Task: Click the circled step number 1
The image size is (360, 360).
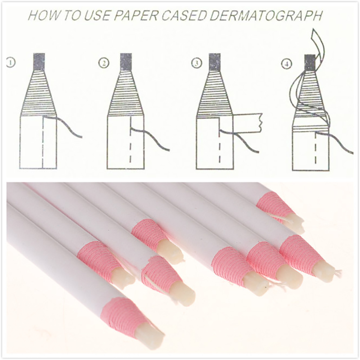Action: (11, 63)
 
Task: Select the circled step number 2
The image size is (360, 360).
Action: (103, 63)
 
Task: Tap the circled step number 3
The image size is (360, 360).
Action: (196, 63)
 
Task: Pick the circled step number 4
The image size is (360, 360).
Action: (286, 64)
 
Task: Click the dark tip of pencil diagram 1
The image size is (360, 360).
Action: (39, 61)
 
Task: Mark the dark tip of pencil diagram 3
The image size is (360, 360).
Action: (215, 62)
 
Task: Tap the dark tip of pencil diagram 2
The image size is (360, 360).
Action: (126, 62)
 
